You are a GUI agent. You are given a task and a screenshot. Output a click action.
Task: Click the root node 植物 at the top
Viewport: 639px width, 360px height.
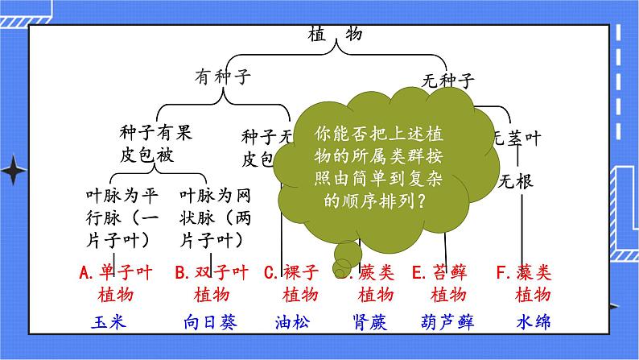click(x=336, y=35)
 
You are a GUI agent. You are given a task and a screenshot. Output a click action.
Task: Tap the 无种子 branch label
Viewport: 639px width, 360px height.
click(x=448, y=80)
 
